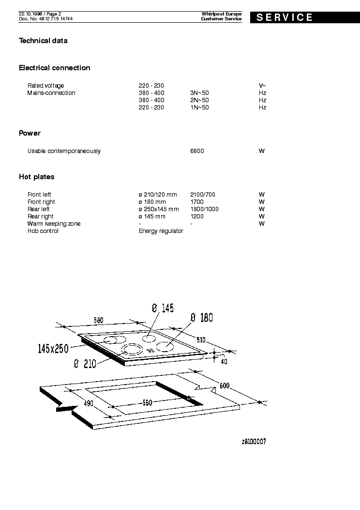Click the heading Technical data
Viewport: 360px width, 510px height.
coord(43,41)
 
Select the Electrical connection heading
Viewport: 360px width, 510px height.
coord(55,68)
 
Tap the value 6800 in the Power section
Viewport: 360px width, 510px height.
coord(197,151)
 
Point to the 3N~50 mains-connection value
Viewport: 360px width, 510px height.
coord(200,93)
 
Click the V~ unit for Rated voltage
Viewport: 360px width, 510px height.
coord(262,86)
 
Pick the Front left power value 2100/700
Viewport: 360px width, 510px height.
coord(203,195)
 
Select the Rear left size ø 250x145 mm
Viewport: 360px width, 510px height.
coord(159,209)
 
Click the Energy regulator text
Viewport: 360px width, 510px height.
coord(161,231)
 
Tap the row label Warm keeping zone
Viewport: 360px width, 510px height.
coord(54,224)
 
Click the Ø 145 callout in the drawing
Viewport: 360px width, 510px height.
coord(163,308)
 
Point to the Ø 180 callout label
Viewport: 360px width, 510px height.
coord(202,318)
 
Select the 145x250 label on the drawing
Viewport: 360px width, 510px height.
coord(53,348)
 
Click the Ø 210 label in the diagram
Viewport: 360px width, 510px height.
coord(85,364)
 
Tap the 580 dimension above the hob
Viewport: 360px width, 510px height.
coord(99,320)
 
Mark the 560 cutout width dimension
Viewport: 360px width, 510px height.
coord(147,402)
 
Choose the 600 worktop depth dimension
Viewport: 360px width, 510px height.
coord(224,386)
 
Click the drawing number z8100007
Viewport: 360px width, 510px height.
coord(254,442)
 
